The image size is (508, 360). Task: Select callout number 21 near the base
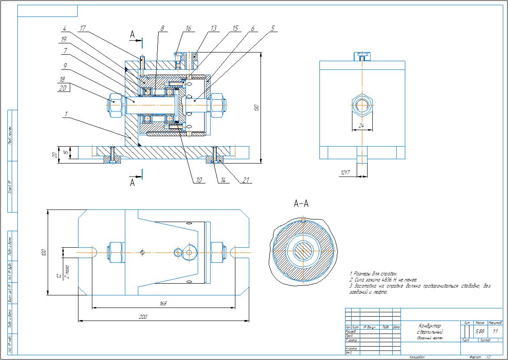click(247, 180)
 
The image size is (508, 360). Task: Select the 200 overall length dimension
click(143, 317)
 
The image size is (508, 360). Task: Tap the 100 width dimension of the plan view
click(43, 252)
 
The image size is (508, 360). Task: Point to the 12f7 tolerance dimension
click(345, 173)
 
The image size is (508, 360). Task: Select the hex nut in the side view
click(362, 105)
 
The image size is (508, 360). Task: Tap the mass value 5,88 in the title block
click(480, 331)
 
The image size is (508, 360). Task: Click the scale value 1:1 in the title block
click(495, 331)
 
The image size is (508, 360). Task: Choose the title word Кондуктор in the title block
click(429, 326)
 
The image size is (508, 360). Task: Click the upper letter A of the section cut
click(133, 34)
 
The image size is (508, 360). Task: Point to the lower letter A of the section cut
click(133, 183)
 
